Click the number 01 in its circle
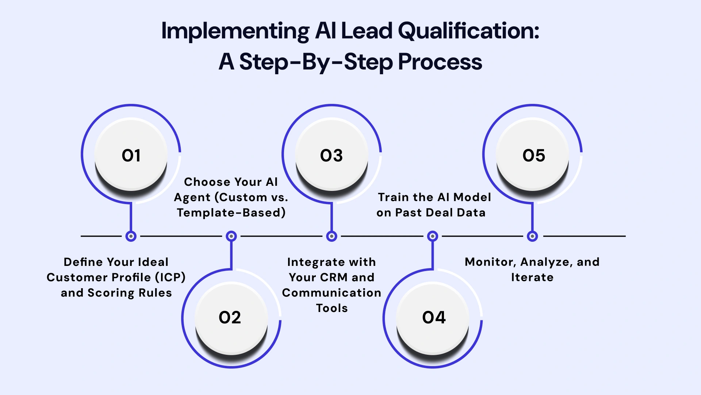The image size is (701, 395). click(x=131, y=156)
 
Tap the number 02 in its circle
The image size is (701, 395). click(x=230, y=317)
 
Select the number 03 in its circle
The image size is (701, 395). click(x=332, y=156)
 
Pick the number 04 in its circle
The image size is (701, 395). click(x=434, y=317)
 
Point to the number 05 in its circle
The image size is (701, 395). click(x=534, y=156)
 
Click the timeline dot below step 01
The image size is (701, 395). click(x=131, y=236)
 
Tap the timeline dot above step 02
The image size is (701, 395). click(x=231, y=236)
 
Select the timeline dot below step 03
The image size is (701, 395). click(x=332, y=236)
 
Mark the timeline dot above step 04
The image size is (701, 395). click(x=433, y=236)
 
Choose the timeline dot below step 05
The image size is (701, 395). click(x=532, y=236)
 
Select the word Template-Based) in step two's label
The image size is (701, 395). click(x=231, y=212)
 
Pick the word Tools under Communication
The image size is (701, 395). click(x=332, y=308)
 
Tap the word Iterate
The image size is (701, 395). click(x=532, y=277)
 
